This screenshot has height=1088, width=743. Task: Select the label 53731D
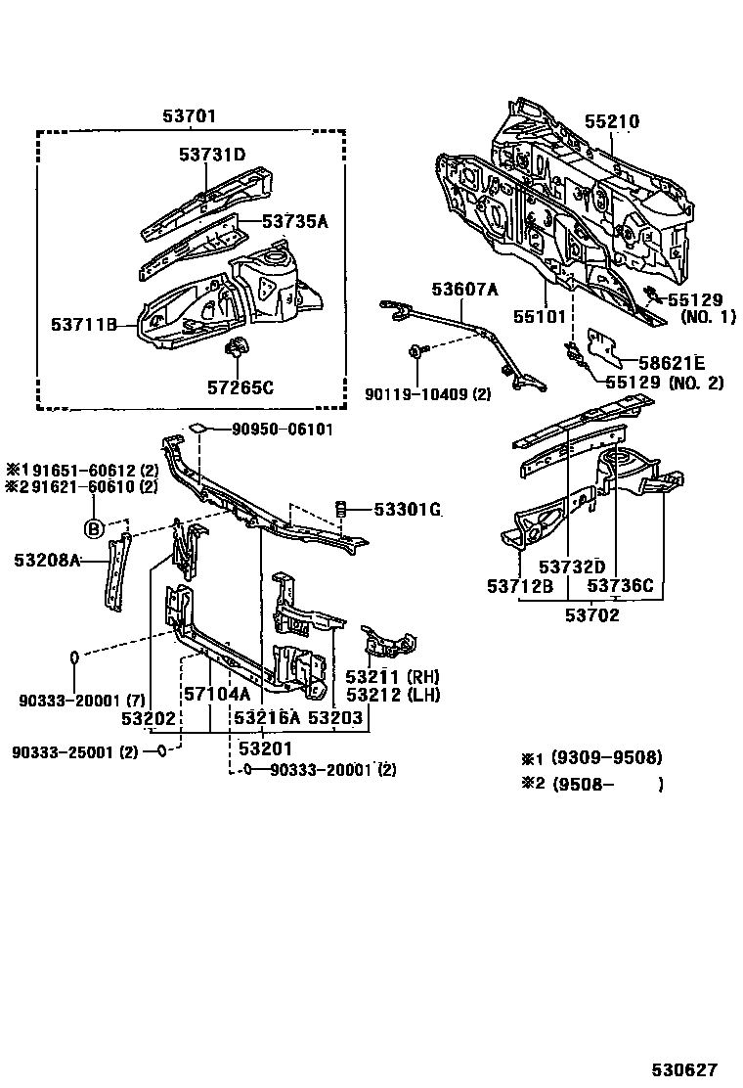click(212, 155)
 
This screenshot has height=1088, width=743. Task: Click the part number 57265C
click(240, 387)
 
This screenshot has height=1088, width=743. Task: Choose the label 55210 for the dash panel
click(612, 122)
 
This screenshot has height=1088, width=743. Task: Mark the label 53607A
click(465, 288)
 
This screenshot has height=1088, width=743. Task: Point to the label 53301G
click(408, 509)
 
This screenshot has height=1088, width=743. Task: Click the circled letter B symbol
click(94, 529)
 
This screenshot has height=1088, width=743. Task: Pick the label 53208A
click(47, 560)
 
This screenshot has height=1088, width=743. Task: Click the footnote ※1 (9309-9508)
click(591, 758)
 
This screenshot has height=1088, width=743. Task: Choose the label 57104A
click(217, 694)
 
